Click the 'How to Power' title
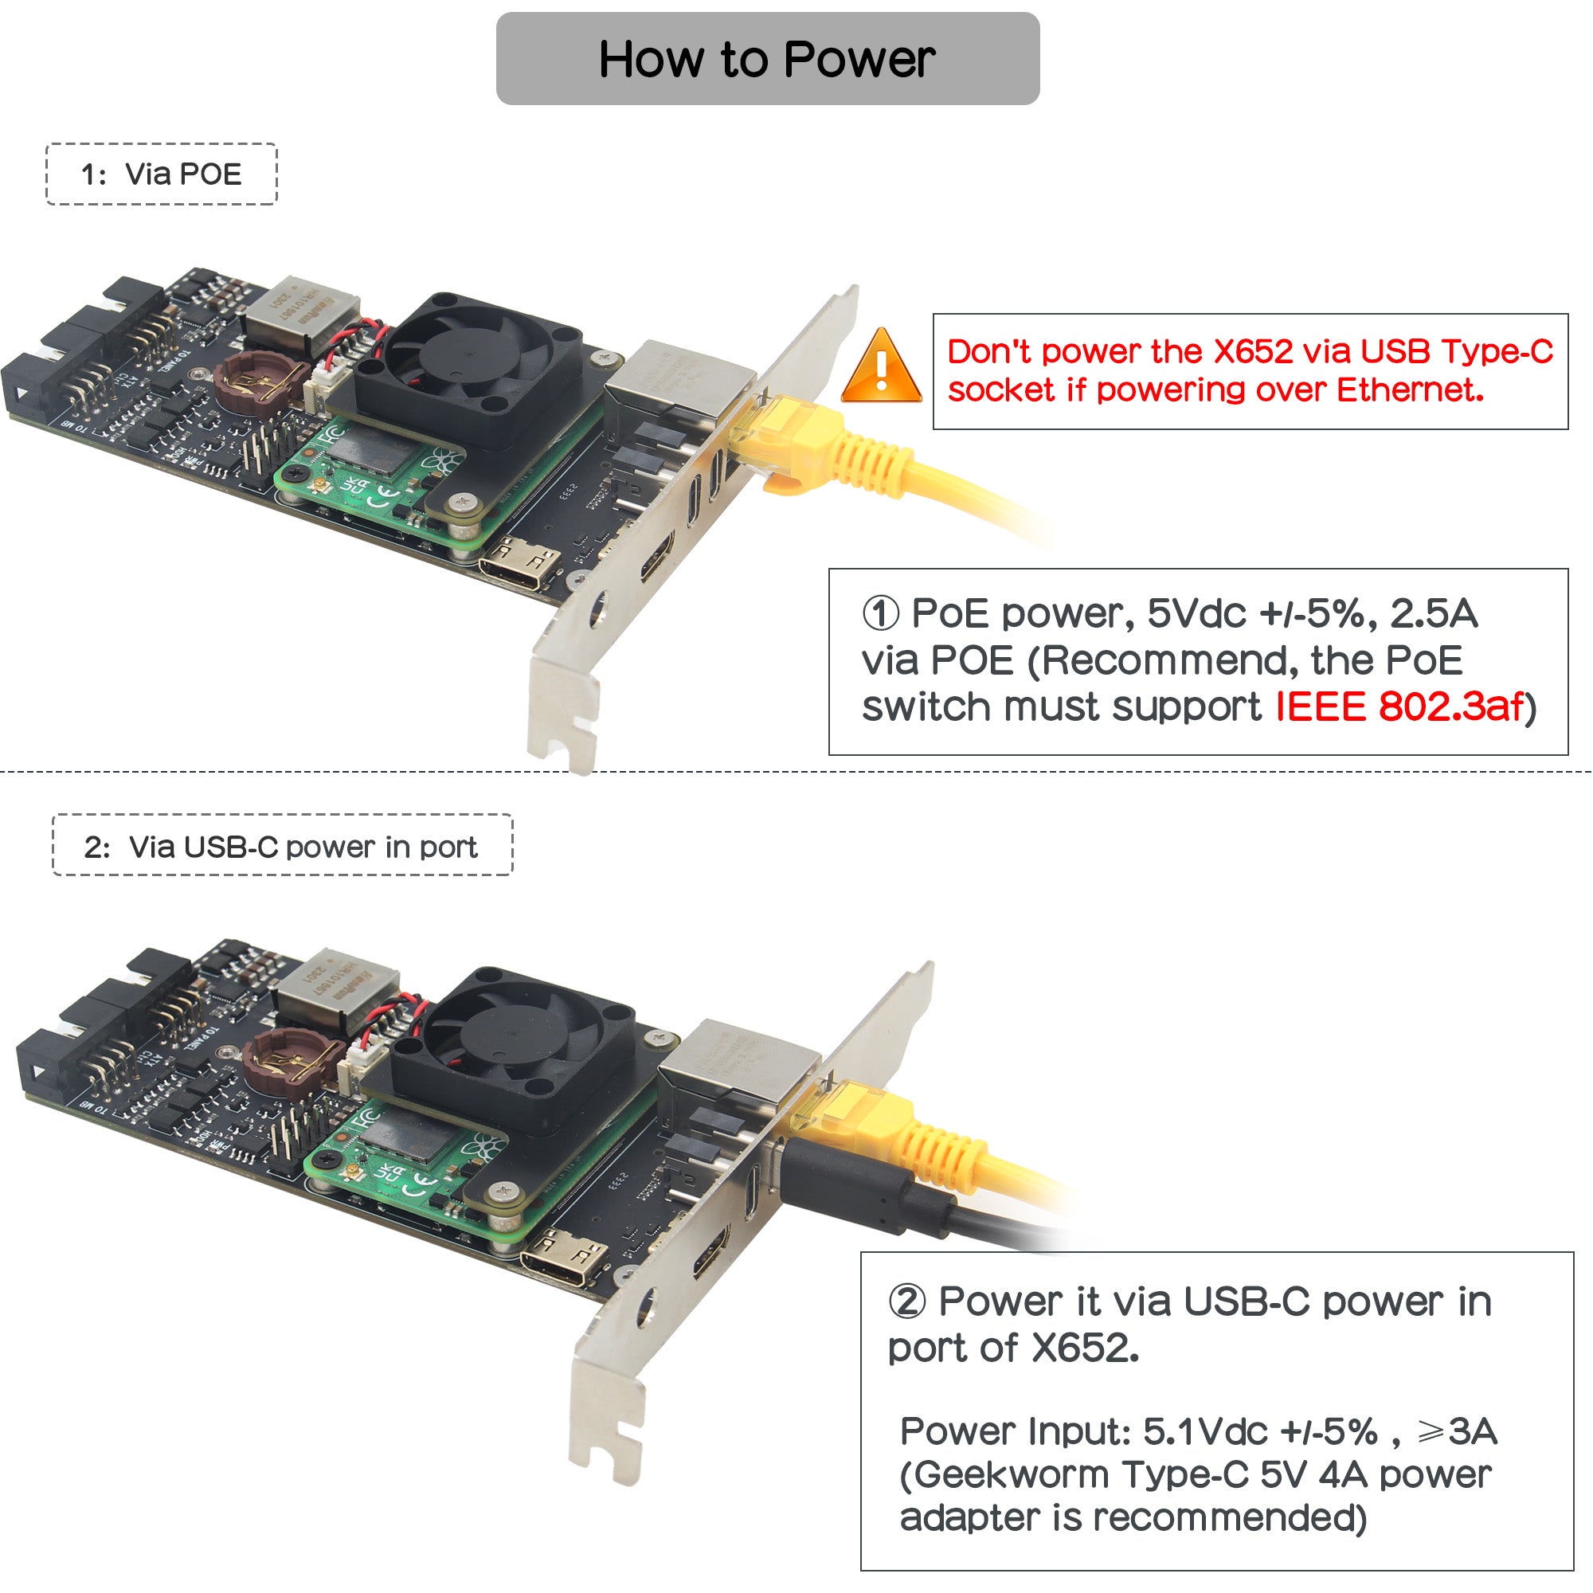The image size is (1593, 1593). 767,60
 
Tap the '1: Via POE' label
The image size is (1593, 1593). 162,174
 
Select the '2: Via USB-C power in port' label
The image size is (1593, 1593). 282,847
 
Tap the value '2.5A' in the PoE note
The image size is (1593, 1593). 1434,613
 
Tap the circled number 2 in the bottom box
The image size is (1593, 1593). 908,1302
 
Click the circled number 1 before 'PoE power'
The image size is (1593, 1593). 880,613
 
